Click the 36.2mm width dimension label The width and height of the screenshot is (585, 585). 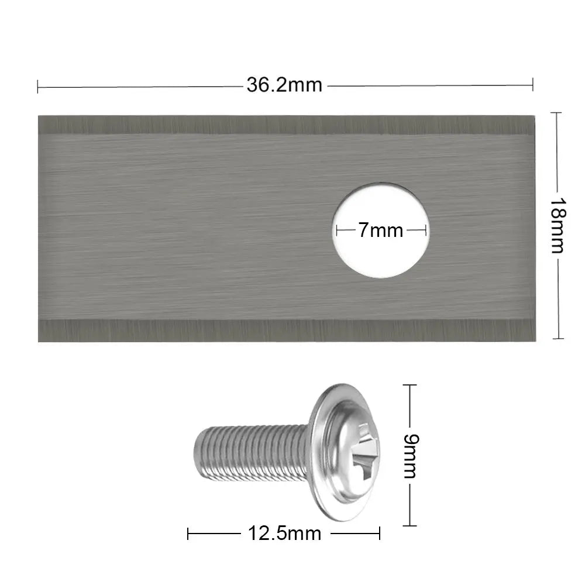pyautogui.click(x=284, y=85)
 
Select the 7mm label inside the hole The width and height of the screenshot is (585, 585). pyautogui.click(x=380, y=230)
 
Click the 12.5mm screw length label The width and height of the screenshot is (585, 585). pyautogui.click(x=284, y=534)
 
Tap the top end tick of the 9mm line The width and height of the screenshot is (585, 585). pyautogui.click(x=409, y=385)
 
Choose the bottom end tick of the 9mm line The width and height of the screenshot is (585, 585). pyautogui.click(x=409, y=525)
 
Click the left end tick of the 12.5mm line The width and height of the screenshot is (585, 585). pyautogui.click(x=188, y=534)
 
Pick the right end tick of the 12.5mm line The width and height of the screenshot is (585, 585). pyautogui.click(x=380, y=534)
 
